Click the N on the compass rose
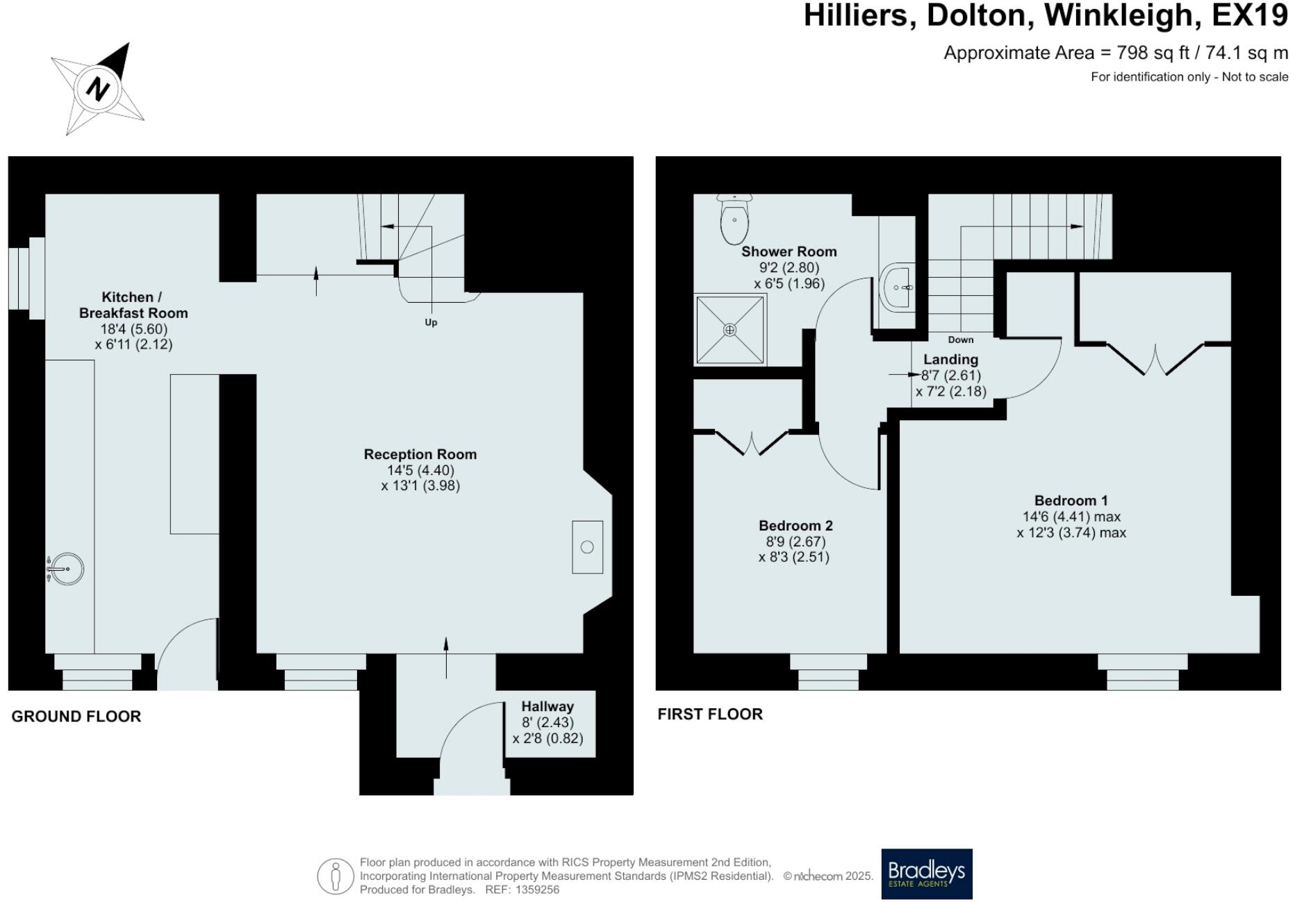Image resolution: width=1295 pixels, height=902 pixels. coord(98,89)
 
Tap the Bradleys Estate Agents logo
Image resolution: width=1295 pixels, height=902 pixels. coord(926,874)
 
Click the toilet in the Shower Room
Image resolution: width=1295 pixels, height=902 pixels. coord(734,219)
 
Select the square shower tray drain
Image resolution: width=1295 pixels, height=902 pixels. coord(729,330)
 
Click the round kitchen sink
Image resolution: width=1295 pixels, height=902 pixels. coord(67,569)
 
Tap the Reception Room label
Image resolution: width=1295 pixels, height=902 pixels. coord(420,454)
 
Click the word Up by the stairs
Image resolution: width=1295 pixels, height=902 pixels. coord(431,322)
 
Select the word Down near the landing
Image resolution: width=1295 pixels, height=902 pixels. coord(960,340)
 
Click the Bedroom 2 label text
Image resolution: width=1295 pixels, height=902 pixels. coord(795,526)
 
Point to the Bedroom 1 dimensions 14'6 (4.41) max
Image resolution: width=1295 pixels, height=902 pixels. coord(1071,517)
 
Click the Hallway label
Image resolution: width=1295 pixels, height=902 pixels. coord(547,706)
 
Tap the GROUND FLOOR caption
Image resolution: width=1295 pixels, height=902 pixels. coord(76,716)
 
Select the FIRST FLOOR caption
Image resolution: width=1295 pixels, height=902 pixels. coord(709,714)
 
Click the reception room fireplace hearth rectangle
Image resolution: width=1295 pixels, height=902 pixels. coord(587,547)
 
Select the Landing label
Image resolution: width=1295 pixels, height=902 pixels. coord(950,359)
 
